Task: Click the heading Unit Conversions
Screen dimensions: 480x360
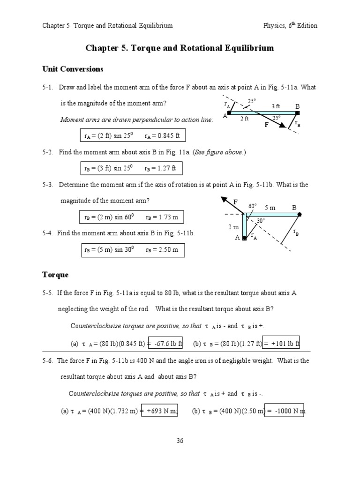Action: click(73, 69)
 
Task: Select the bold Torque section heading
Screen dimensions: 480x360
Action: click(55, 275)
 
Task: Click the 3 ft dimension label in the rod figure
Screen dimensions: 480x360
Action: click(276, 106)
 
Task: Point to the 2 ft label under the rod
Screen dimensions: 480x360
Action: click(244, 119)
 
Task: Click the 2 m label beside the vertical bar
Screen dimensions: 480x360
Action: click(233, 227)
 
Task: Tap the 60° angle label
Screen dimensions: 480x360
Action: click(253, 206)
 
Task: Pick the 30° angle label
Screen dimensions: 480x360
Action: click(261, 220)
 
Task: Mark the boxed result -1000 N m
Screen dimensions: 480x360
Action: click(285, 411)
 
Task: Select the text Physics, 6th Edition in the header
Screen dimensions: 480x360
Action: click(290, 25)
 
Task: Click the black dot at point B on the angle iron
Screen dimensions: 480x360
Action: click(300, 214)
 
